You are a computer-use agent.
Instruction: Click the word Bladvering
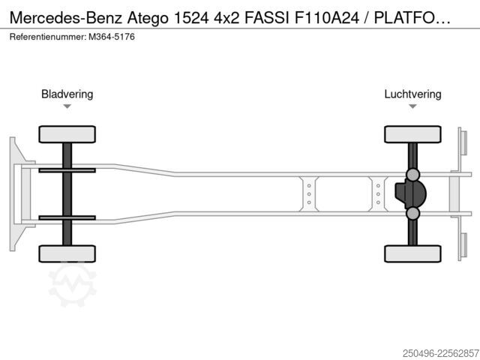(x=67, y=94)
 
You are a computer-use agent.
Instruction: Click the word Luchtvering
(x=412, y=94)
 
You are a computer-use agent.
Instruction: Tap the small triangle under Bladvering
(x=67, y=106)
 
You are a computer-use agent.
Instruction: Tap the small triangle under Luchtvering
(x=412, y=106)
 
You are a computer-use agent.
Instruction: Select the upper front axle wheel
(x=67, y=134)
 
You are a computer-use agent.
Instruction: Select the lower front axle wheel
(x=67, y=253)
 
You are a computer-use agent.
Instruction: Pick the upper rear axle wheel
(x=412, y=134)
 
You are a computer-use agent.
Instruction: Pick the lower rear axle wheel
(x=412, y=253)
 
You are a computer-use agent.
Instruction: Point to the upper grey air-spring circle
(x=412, y=175)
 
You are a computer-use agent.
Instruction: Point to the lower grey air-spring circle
(x=412, y=213)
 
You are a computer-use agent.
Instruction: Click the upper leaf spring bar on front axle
(x=67, y=170)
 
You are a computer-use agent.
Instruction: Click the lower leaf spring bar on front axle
(x=67, y=217)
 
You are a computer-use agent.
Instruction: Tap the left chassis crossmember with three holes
(x=309, y=194)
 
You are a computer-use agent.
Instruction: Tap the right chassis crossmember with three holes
(x=378, y=194)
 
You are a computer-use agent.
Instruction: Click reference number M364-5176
(x=112, y=37)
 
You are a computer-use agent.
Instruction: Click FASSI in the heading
(x=267, y=18)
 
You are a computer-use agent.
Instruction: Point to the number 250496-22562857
(x=440, y=353)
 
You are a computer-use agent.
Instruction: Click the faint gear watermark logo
(x=73, y=283)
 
